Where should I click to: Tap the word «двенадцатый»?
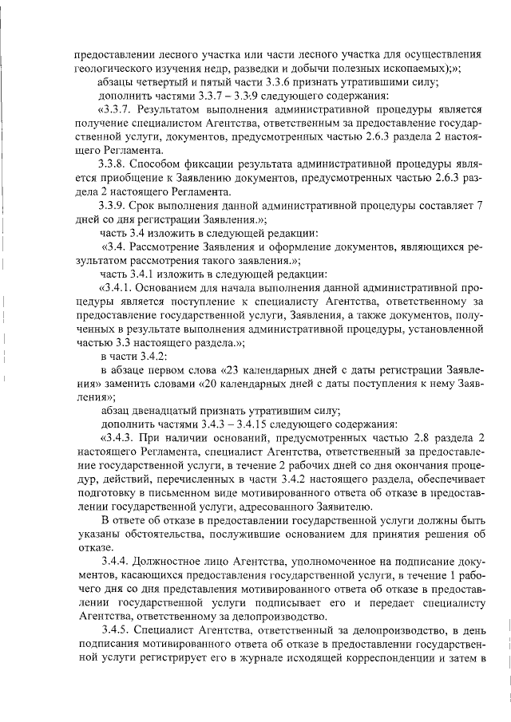click(x=180, y=409)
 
